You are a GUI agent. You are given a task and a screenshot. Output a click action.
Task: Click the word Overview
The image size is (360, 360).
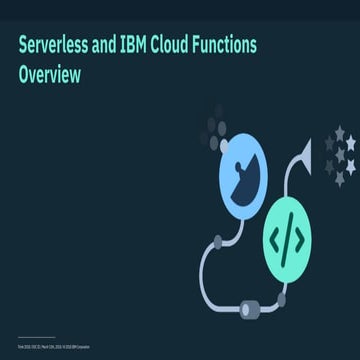click(x=49, y=74)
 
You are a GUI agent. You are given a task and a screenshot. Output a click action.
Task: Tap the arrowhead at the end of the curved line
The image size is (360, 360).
click(x=305, y=154)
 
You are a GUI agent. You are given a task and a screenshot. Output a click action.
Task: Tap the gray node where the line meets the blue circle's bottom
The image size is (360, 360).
click(x=219, y=240)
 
